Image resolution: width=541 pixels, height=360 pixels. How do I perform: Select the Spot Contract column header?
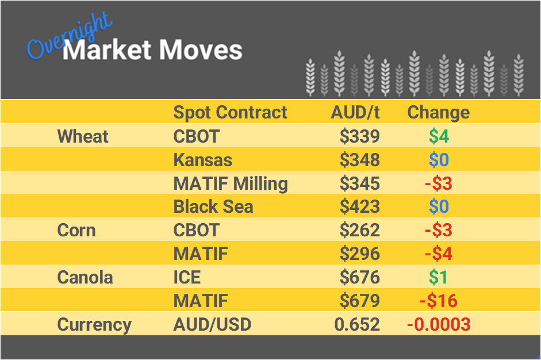pyautogui.click(x=230, y=112)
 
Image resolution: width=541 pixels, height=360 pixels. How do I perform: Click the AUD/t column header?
pyautogui.click(x=355, y=112)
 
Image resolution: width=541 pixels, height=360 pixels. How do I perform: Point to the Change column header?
pyautogui.click(x=438, y=112)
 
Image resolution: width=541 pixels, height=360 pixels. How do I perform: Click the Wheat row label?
pyautogui.click(x=83, y=136)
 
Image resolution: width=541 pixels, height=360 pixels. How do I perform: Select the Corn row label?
pyautogui.click(x=76, y=231)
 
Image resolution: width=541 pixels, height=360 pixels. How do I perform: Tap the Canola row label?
pyautogui.click(x=85, y=277)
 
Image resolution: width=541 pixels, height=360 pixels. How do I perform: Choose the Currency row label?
pyautogui.click(x=94, y=324)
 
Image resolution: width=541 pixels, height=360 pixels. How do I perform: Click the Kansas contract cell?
pyautogui.click(x=203, y=160)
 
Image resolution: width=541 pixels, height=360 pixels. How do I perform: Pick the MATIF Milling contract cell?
pyautogui.click(x=231, y=183)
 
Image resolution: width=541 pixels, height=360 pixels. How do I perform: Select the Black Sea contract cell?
pyautogui.click(x=213, y=207)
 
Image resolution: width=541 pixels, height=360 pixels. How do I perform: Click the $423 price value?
pyautogui.click(x=359, y=207)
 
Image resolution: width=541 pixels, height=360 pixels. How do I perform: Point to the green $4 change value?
pyautogui.click(x=439, y=136)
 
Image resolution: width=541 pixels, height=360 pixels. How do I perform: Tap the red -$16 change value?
pyautogui.click(x=439, y=301)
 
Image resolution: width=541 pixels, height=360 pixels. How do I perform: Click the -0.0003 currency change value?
pyautogui.click(x=439, y=324)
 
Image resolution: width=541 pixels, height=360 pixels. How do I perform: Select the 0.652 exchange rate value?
pyautogui.click(x=357, y=324)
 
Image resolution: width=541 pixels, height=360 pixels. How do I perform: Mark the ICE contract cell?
pyautogui.click(x=187, y=277)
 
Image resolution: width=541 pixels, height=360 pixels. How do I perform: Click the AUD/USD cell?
pyautogui.click(x=212, y=324)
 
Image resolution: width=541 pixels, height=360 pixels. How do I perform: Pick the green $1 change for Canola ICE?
pyautogui.click(x=439, y=277)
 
